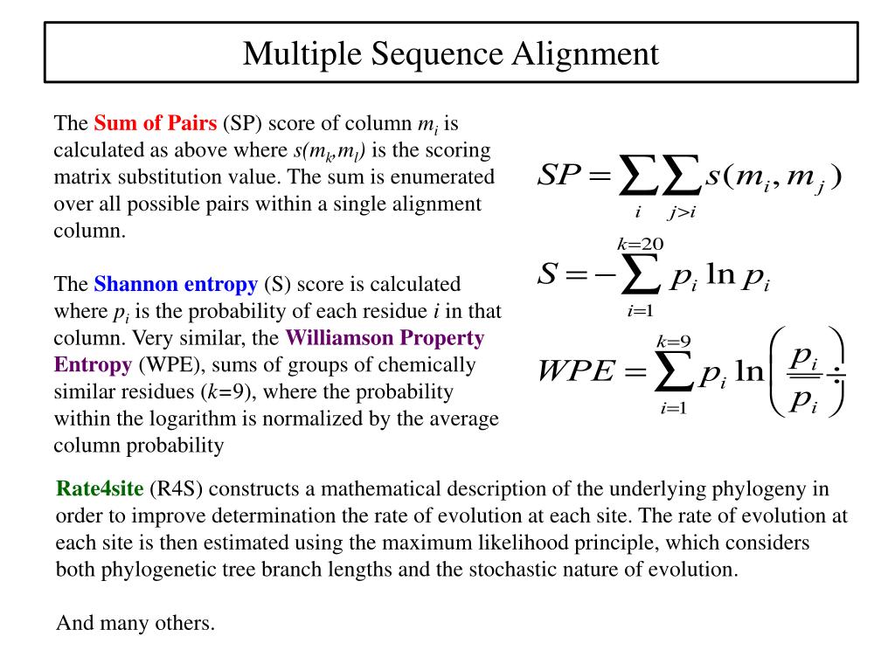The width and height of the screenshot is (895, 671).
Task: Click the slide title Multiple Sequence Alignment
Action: [450, 53]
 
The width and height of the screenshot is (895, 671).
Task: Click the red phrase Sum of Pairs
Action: [155, 122]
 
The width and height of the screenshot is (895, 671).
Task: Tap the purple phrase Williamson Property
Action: [385, 337]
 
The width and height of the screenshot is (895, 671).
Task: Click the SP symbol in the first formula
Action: [559, 176]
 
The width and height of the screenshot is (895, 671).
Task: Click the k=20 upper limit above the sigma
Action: [641, 242]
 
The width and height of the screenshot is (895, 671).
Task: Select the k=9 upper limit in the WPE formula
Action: [674, 341]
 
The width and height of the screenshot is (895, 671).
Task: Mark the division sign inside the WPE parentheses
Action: [838, 377]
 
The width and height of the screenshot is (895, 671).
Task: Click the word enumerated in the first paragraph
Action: [447, 176]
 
